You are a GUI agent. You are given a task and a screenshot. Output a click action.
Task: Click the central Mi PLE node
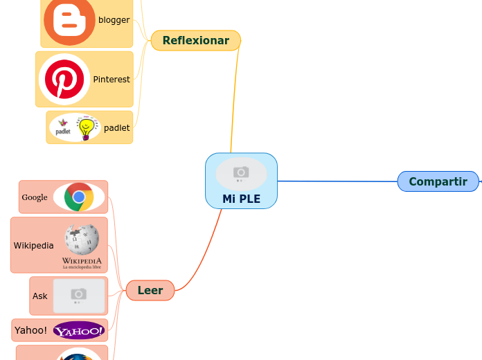(x=241, y=198)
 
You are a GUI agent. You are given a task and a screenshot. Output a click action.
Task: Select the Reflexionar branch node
(x=195, y=41)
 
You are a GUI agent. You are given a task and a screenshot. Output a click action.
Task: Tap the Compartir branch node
(x=438, y=181)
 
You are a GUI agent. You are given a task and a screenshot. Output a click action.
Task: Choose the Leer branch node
(x=150, y=291)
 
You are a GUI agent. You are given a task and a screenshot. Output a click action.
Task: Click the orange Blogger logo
(x=69, y=21)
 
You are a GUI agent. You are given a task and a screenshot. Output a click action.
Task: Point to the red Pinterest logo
(x=64, y=79)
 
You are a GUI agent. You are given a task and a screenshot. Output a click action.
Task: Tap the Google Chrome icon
(x=79, y=197)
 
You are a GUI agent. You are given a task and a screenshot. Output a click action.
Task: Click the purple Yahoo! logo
(x=80, y=331)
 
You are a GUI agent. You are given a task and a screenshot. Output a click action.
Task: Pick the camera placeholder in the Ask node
(x=79, y=296)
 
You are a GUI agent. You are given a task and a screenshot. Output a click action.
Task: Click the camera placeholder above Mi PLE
(x=241, y=173)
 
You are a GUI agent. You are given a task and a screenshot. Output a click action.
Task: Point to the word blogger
(x=114, y=20)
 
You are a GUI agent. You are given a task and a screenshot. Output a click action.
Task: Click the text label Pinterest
(x=111, y=80)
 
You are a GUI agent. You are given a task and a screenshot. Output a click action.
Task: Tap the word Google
(x=35, y=197)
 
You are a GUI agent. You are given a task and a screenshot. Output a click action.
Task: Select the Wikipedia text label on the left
(x=33, y=245)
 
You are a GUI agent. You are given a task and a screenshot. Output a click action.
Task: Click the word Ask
(x=40, y=296)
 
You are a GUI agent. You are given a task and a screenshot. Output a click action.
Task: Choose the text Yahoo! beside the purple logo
(x=30, y=330)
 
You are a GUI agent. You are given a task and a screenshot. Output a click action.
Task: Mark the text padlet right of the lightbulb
(x=116, y=128)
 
